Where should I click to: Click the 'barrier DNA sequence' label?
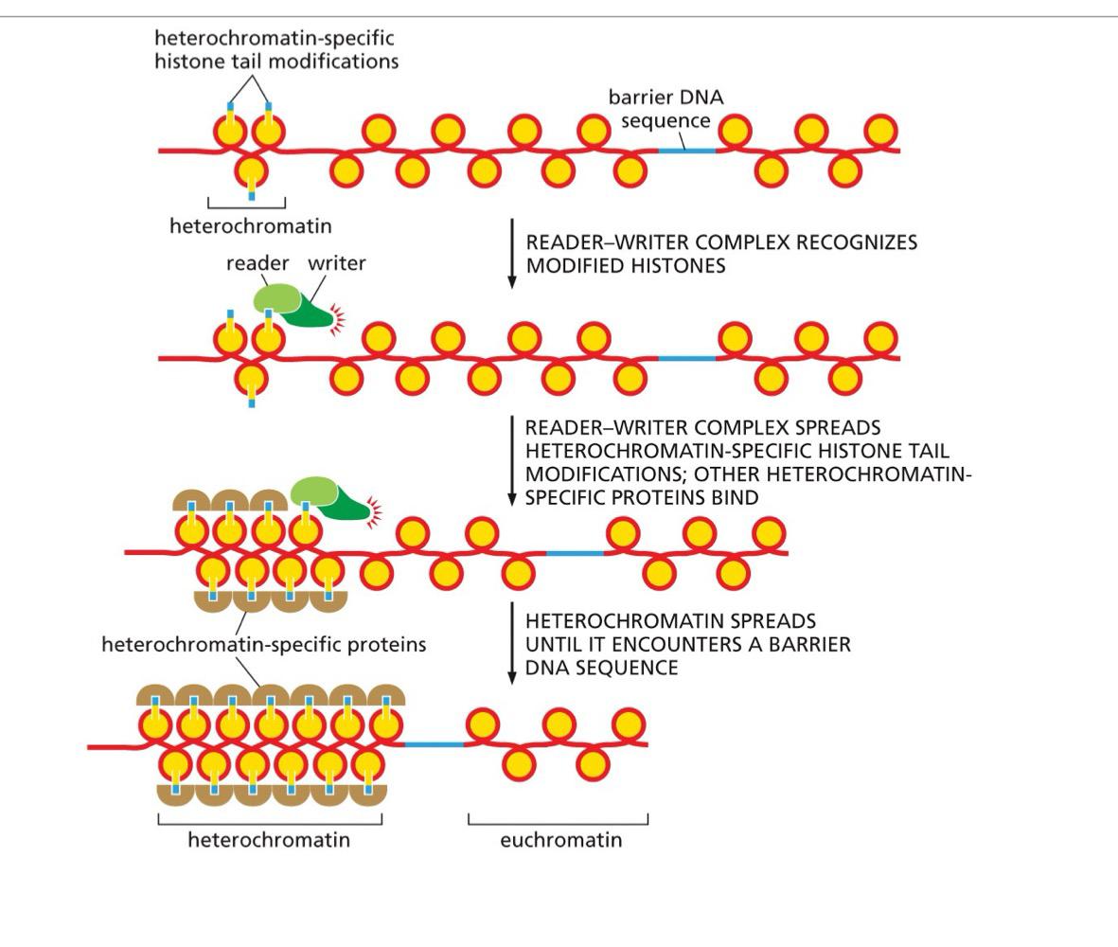[665, 109]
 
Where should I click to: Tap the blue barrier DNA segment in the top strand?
[686, 150]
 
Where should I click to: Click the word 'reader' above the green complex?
[257, 263]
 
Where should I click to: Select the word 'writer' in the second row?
[336, 263]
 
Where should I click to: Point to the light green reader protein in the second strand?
[275, 298]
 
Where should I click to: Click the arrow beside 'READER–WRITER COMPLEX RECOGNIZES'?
[512, 253]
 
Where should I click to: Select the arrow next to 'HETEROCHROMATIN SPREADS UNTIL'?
[512, 643]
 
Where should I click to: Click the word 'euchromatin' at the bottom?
[560, 840]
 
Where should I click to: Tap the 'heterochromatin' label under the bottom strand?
[269, 840]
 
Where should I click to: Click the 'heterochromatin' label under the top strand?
[250, 225]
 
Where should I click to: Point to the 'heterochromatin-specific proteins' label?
[263, 644]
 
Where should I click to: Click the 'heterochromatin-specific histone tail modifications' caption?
[275, 49]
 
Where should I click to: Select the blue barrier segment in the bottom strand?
[435, 744]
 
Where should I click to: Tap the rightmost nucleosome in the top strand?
[880, 131]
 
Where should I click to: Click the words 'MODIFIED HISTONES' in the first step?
[626, 266]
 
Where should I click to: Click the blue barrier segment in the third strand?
[575, 552]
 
